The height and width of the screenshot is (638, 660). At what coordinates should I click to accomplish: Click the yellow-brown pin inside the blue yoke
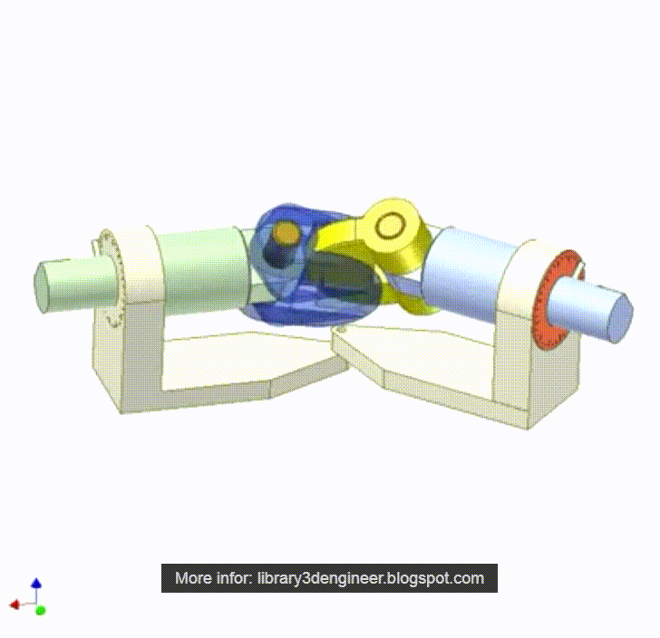click(x=286, y=235)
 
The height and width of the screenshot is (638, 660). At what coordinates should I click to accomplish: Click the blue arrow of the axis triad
click(x=35, y=585)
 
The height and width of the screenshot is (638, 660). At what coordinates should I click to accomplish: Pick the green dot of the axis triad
click(x=41, y=610)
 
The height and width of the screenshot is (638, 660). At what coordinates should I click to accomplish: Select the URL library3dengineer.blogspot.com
click(x=371, y=578)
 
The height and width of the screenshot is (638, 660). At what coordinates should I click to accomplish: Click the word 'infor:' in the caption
click(x=233, y=578)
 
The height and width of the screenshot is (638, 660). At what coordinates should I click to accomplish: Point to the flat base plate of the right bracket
click(x=426, y=372)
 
